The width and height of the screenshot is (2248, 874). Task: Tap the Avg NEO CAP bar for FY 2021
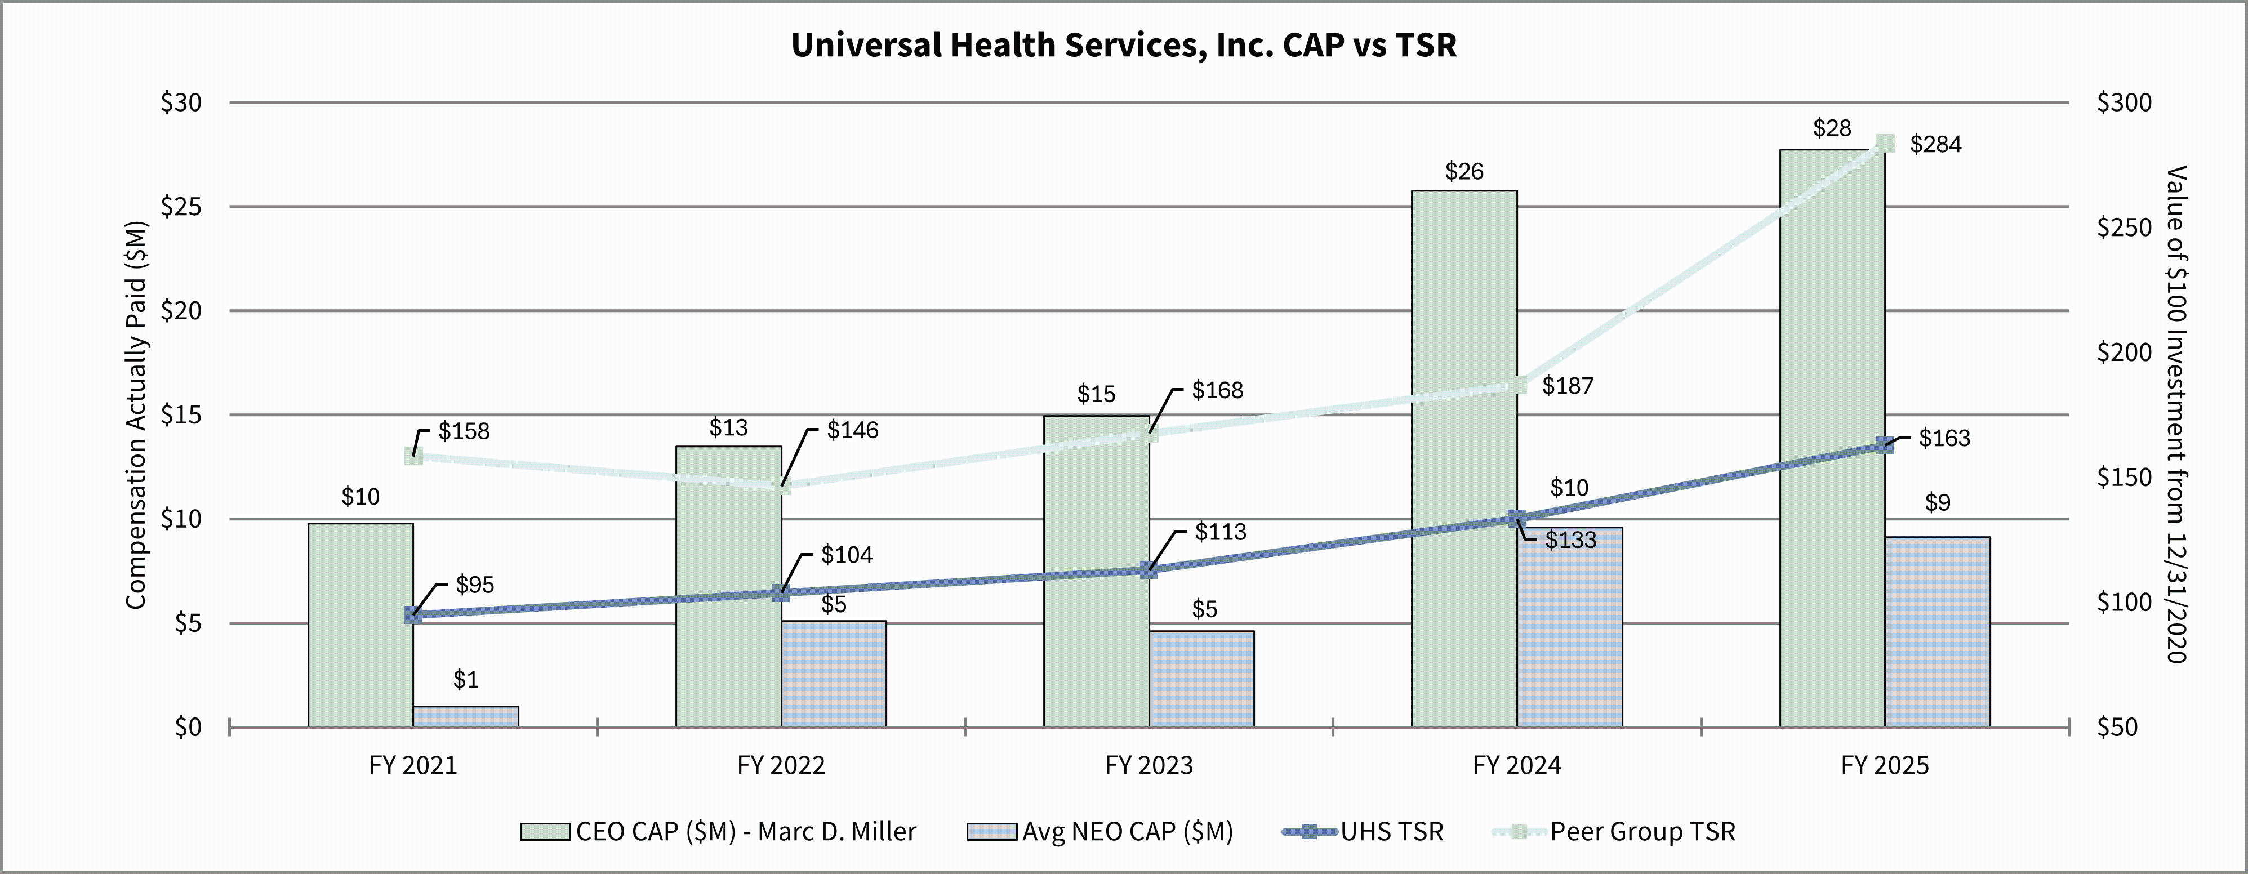[x=465, y=716]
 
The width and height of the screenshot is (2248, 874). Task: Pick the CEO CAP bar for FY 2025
[x=1832, y=436]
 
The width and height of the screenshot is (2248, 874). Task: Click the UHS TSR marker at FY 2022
[x=781, y=593]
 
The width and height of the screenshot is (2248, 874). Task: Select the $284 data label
[x=1935, y=145]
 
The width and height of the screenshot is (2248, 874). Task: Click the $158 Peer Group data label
[x=464, y=431]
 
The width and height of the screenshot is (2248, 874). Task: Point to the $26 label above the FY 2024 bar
[x=1463, y=172]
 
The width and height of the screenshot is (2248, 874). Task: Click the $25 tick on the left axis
[x=181, y=207]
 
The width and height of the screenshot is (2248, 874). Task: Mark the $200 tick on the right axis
[x=2124, y=353]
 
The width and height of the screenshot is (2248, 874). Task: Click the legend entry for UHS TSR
[x=1391, y=831]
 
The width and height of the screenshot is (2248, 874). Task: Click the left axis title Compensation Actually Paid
[x=136, y=415]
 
